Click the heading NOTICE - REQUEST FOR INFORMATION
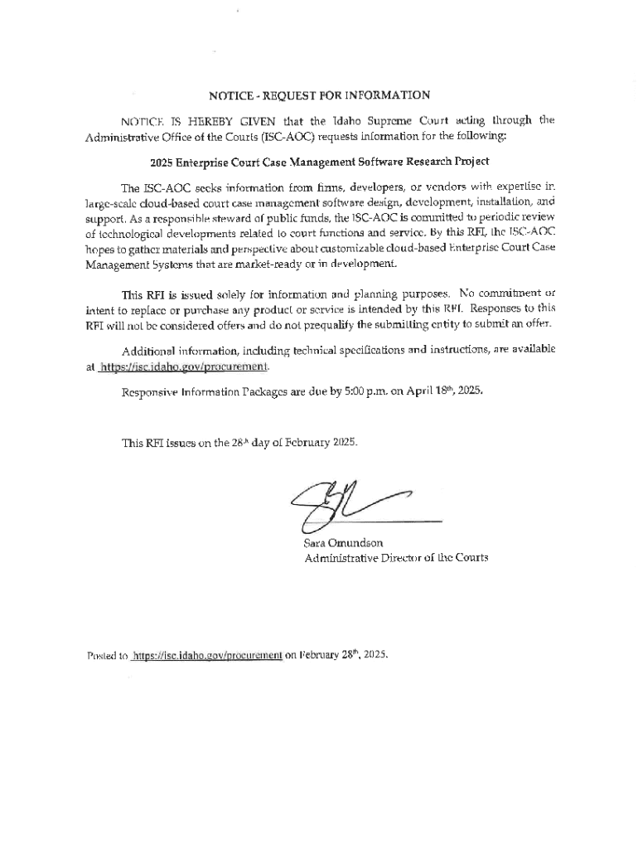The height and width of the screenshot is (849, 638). click(319, 95)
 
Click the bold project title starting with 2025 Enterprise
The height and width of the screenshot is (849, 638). click(319, 160)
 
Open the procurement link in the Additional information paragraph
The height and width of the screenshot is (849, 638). click(185, 367)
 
